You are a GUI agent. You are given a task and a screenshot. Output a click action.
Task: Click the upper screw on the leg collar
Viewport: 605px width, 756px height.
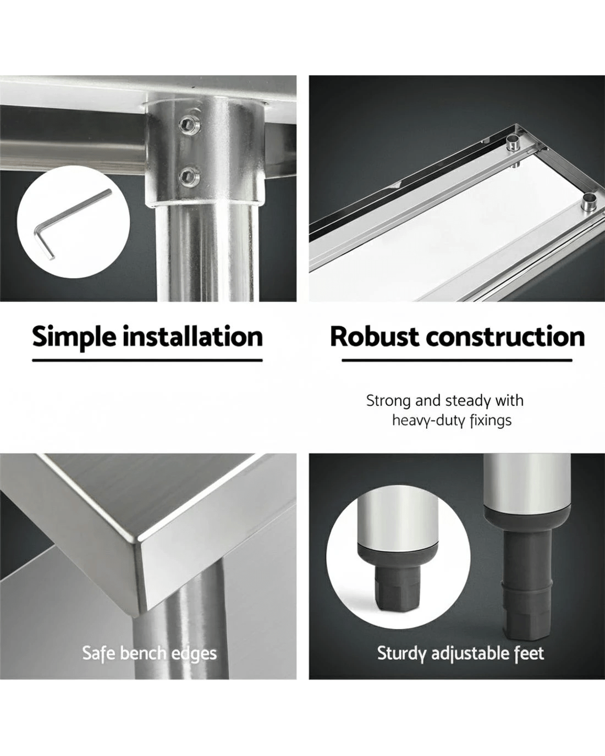coord(189,124)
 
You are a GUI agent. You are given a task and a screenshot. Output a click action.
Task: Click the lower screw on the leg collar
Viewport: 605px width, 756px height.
coord(189,175)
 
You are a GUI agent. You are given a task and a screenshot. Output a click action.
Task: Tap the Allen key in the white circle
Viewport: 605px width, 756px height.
coord(73,224)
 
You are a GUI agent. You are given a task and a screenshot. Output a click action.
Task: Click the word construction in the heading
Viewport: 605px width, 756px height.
coord(505,337)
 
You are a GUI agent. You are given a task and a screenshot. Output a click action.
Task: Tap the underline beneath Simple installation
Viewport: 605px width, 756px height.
coord(147,360)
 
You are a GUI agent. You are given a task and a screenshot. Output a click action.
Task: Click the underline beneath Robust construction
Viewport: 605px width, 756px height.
coord(457,360)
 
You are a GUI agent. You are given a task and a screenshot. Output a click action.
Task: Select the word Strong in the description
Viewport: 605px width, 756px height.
coord(388,401)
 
